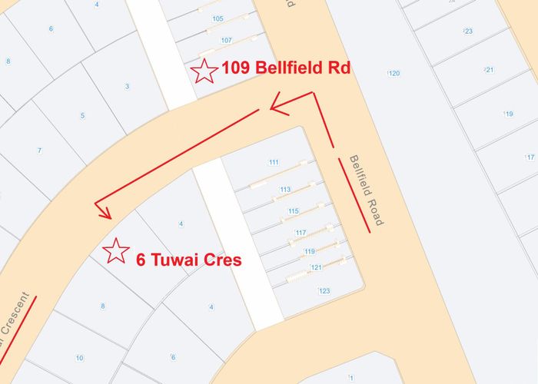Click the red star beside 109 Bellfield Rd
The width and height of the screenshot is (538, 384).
coord(204,71)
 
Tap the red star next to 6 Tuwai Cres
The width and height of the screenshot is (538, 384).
coord(116,251)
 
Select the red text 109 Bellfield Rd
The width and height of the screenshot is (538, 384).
coord(286,68)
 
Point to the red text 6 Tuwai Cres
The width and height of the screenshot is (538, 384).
coord(189,260)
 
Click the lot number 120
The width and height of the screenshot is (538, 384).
coord(394,74)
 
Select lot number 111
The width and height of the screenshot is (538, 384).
coord(274,162)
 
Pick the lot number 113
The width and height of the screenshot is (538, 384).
coord(285,189)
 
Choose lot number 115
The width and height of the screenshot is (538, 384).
coord(293,210)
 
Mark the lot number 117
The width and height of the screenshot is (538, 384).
coord(300,232)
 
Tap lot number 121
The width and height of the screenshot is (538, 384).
coord(315,267)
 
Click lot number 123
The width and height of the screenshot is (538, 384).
coord(324,290)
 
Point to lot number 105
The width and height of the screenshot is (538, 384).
coord(218,18)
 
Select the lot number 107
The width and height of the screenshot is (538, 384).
coord(226,40)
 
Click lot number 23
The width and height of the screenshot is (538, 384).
coord(468,31)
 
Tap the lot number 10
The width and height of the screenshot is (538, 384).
coord(79,358)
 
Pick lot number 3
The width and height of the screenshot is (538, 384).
coord(127,86)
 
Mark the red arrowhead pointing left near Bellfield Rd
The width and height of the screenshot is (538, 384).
coord(275,105)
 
